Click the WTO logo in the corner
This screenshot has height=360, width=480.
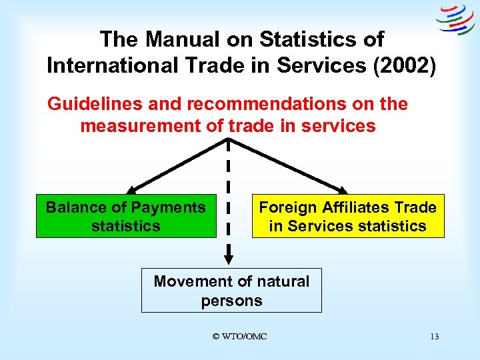455,19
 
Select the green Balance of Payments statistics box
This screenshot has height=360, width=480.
126,216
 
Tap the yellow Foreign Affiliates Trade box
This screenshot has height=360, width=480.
347,216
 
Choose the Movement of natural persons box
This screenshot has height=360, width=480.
231,291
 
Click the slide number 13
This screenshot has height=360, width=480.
434,337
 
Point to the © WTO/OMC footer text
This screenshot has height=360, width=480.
239,337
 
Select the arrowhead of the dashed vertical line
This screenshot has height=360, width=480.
228,257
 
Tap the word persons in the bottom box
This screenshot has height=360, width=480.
231,301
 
